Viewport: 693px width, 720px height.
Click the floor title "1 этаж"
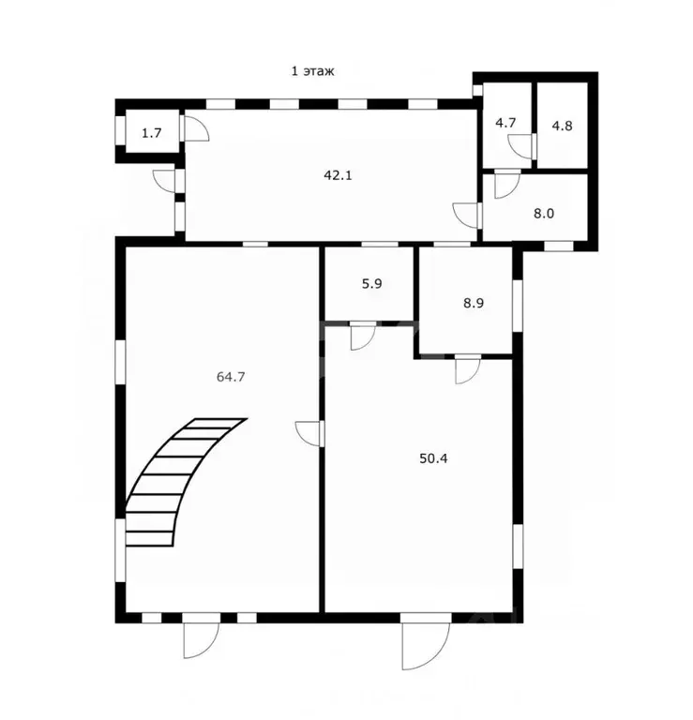(x=312, y=69)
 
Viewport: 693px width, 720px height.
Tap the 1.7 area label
(x=151, y=133)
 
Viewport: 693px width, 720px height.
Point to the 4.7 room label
(x=505, y=122)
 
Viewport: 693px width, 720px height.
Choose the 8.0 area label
(x=544, y=212)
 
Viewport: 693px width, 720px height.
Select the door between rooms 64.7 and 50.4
(x=309, y=433)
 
